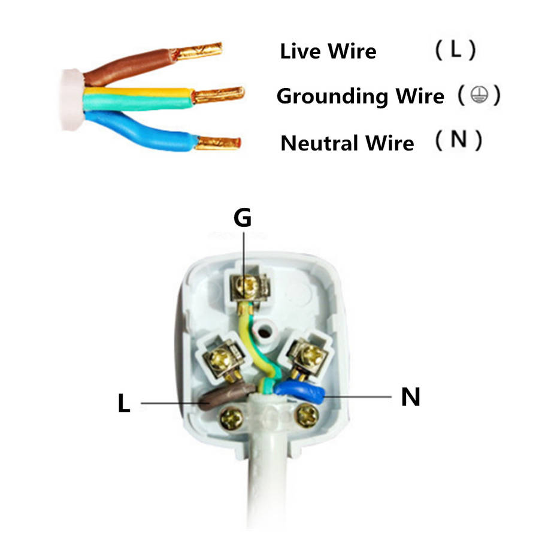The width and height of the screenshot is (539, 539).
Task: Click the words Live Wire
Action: pos(328,52)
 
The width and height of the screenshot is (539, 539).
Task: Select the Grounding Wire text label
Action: pos(361,96)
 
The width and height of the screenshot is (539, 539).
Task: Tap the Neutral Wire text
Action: pos(347,144)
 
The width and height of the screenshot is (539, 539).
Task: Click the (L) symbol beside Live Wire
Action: pos(456,50)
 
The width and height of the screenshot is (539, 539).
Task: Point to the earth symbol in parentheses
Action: pos(477,95)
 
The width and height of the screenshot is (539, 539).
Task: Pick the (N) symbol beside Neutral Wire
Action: pos(458,141)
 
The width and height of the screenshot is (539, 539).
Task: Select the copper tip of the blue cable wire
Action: pos(218,143)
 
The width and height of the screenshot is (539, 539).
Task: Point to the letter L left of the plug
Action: pos(123,404)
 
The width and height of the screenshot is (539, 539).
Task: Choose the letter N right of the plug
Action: pos(410,397)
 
